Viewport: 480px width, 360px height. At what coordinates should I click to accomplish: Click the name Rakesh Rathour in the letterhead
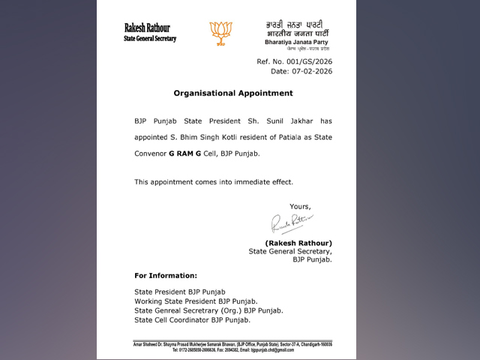click(147, 28)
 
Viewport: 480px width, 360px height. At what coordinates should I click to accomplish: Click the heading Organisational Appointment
click(233, 93)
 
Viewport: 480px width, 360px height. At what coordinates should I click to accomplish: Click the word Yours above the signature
click(300, 206)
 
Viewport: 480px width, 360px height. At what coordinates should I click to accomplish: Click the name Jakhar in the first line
click(316, 120)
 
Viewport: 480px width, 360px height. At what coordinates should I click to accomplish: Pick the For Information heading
click(166, 275)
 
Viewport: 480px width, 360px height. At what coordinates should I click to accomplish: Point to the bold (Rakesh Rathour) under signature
click(298, 242)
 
